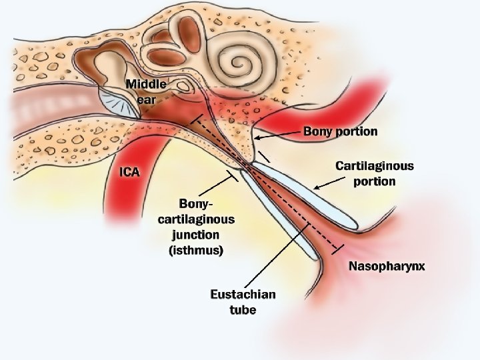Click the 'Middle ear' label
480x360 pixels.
tap(147, 91)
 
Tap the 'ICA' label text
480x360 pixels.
tap(129, 172)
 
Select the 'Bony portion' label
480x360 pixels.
tap(340, 131)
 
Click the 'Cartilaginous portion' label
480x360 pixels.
tap(374, 173)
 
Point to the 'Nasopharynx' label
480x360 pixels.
tap(387, 267)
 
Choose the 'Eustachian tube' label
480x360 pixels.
tap(242, 302)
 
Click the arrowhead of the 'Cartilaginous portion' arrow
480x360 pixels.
tap(316, 187)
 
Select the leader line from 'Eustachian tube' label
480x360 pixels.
tap(273, 257)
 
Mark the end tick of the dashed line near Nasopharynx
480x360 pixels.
tap(339, 249)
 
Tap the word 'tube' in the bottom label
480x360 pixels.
tap(243, 310)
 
